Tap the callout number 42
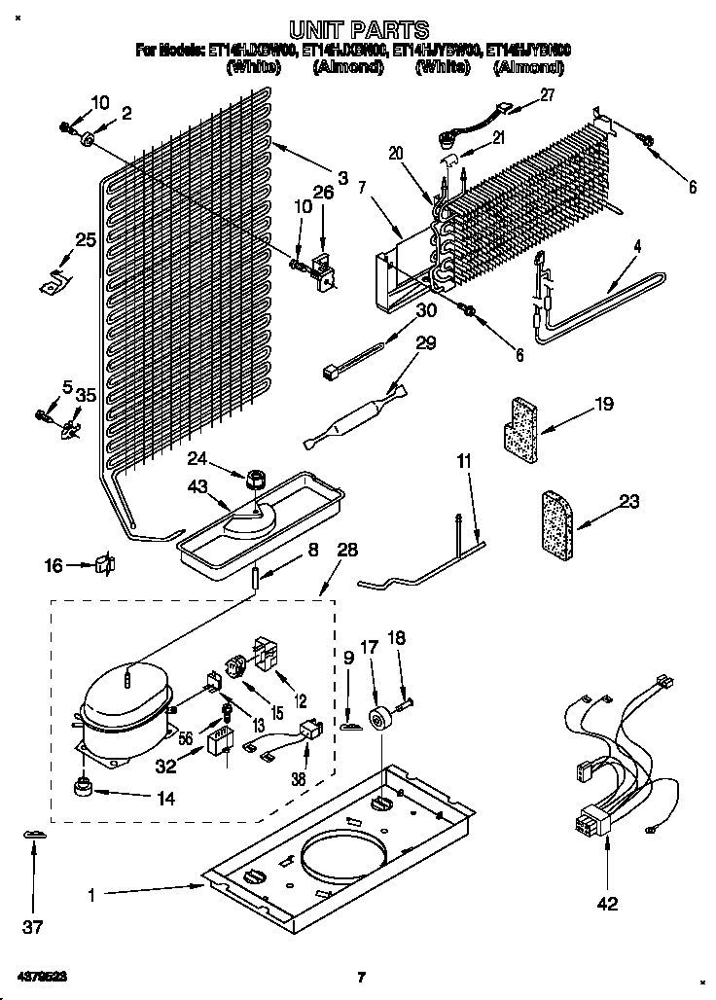(608, 904)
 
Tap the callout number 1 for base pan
(92, 894)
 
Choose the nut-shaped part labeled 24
(257, 480)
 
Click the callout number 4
(637, 247)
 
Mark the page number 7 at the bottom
(360, 977)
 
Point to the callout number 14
(167, 800)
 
